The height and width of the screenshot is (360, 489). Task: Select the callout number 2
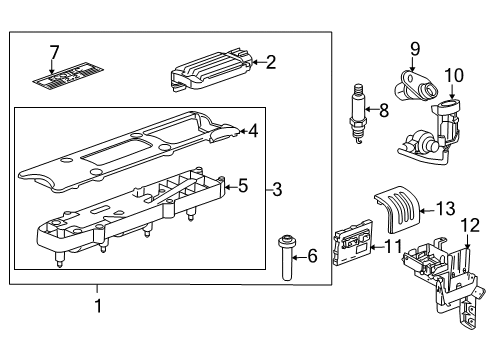[269, 62]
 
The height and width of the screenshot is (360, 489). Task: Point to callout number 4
[254, 129]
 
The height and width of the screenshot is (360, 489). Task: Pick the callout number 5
[241, 184]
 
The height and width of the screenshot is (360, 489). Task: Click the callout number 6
[311, 257]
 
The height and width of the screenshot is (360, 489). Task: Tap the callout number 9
[415, 47]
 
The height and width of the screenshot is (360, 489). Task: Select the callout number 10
[454, 75]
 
